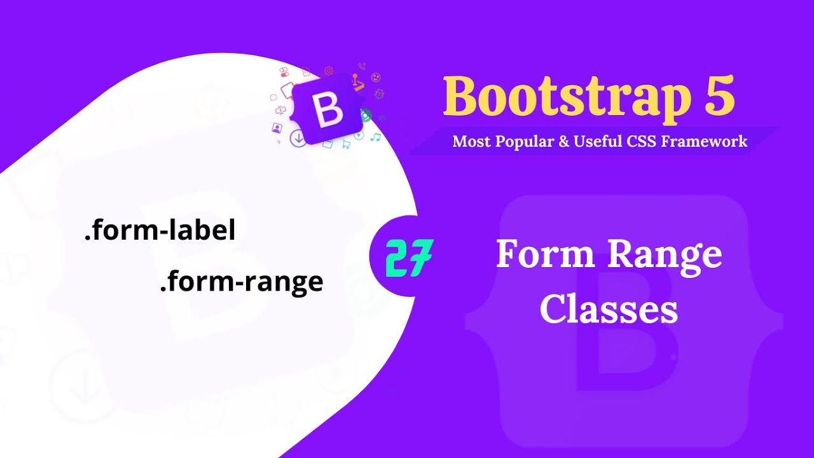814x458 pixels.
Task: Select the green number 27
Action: point(409,258)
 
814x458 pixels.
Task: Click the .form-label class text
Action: point(160,231)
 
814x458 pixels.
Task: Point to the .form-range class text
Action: point(242,281)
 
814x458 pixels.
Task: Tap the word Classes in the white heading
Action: point(609,310)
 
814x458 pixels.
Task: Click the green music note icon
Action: point(376,137)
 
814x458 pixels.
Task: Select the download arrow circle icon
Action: point(298,138)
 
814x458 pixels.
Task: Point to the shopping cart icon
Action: point(346,144)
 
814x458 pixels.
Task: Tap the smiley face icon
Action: point(376,77)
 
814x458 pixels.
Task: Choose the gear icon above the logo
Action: point(329,71)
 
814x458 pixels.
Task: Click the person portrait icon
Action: point(277,127)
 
